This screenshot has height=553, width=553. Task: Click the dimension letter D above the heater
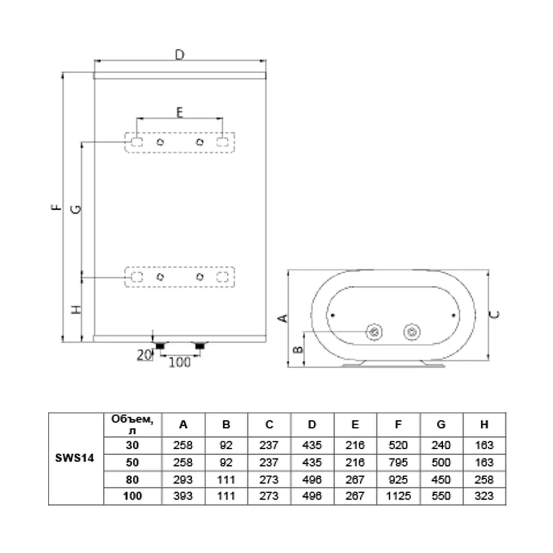point(180,54)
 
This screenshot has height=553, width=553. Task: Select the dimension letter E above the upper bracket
point(179,112)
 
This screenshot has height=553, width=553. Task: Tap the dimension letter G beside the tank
point(76,210)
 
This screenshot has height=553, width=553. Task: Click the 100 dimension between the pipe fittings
point(180,363)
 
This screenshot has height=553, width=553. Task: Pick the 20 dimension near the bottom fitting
point(144,356)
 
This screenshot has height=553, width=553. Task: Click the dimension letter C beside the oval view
point(494,315)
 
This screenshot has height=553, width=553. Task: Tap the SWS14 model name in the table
point(75,458)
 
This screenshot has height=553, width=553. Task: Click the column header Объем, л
point(132,424)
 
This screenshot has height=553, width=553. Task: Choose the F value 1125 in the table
point(398,496)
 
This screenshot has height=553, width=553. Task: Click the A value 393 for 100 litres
point(183,496)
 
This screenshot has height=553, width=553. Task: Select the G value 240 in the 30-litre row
point(441,445)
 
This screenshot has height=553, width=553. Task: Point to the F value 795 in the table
point(398,463)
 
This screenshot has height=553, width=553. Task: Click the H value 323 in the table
point(484,496)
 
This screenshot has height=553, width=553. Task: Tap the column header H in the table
point(484,424)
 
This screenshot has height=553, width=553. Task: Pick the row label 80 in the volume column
point(132,480)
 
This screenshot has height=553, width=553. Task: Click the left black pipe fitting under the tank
point(160,346)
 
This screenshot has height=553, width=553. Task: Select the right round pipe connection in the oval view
point(412,332)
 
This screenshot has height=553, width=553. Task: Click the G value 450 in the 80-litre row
point(441,480)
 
